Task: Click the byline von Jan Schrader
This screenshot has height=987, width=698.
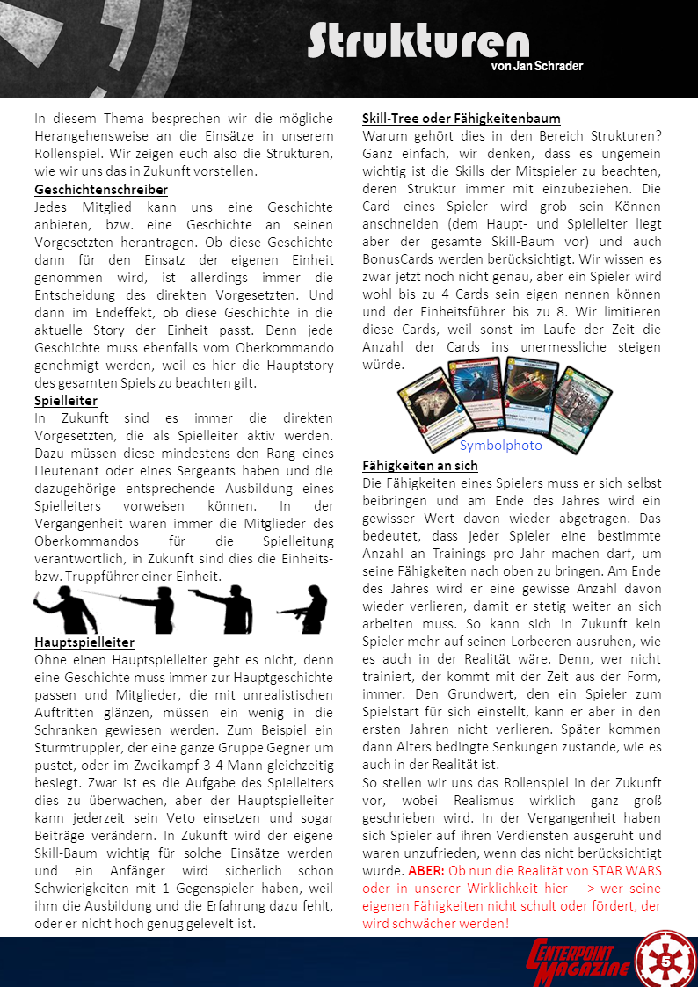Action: pyautogui.click(x=536, y=66)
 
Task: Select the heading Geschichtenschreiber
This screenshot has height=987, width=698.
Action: pyautogui.click(x=101, y=190)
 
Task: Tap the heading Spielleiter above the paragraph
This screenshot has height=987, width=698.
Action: pyautogui.click(x=66, y=401)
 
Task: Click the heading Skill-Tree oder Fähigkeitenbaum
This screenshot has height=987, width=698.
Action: pyautogui.click(x=462, y=119)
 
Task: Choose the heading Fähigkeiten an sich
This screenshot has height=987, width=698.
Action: pyautogui.click(x=420, y=466)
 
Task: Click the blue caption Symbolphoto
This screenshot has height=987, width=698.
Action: pyautogui.click(x=501, y=445)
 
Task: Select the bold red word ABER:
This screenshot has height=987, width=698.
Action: pyautogui.click(x=425, y=870)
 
